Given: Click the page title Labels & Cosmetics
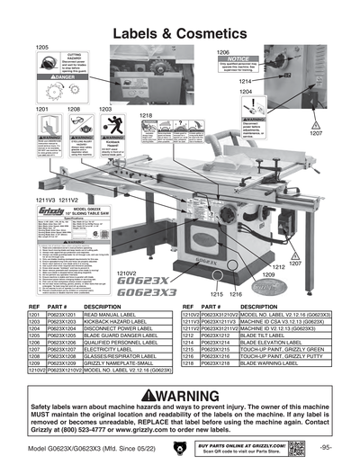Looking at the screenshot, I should tap(180, 32).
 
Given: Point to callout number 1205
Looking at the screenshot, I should tap(41, 46).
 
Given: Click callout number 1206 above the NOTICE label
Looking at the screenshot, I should tap(224, 52).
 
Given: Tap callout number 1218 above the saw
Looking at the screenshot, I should tap(145, 115).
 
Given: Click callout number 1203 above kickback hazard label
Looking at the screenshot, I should tap(105, 109).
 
